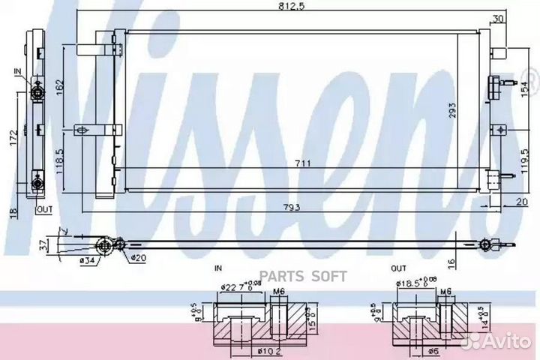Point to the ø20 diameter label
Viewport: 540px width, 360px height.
pos(139,259)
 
